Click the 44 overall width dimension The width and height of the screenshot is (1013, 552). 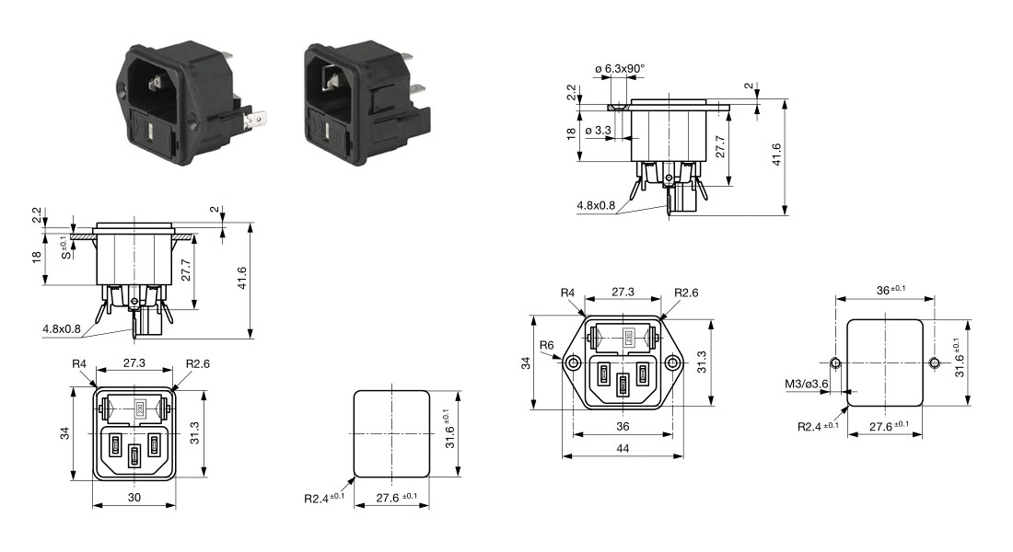tap(623, 447)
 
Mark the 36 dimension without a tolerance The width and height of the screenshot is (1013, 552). tap(623, 426)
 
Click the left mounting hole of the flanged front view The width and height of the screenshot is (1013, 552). tap(574, 364)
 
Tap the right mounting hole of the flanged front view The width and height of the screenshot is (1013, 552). tap(674, 364)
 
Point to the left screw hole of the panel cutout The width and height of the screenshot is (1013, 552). tap(835, 362)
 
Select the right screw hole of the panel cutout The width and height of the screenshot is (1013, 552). tap(935, 362)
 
